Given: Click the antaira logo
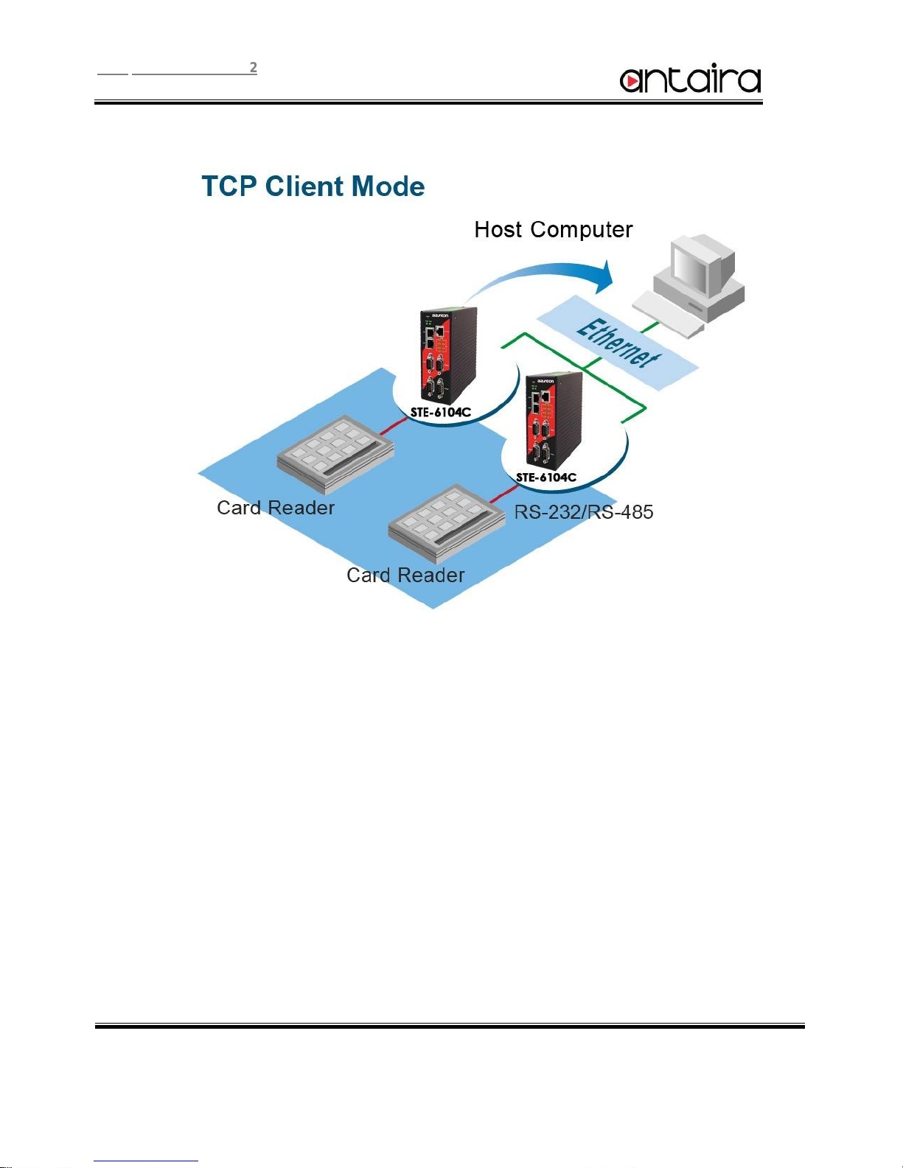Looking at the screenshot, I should (x=690, y=80).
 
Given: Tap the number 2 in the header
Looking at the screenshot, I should (x=253, y=68).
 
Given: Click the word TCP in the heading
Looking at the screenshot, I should (x=230, y=186).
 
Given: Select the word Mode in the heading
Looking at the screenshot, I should (x=388, y=186).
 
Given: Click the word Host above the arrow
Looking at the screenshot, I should (x=498, y=230).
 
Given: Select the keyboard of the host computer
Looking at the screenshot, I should (x=669, y=313).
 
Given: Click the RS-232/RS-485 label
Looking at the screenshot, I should (x=583, y=512).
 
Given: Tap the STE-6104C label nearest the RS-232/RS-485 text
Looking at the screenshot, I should (x=545, y=478).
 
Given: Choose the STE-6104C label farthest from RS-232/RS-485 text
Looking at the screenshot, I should (x=440, y=413).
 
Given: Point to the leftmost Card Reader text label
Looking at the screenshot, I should (x=276, y=508).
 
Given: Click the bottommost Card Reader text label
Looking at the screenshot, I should (x=405, y=576).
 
